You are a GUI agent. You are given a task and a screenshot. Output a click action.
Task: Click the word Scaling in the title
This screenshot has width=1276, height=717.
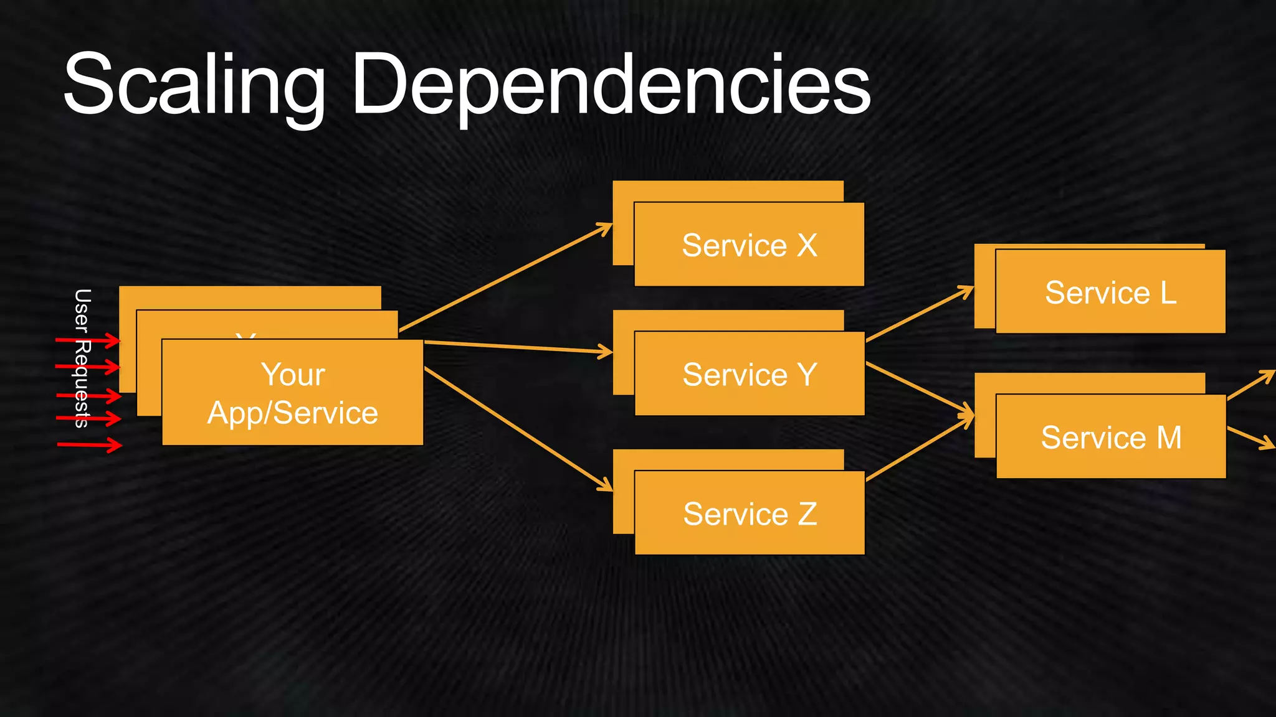(193, 84)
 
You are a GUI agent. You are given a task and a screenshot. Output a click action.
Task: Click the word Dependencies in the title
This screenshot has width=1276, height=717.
(611, 84)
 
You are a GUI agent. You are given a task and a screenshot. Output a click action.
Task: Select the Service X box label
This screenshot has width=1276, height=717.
(749, 245)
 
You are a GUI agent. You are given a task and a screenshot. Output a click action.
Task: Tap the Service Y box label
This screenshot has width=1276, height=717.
(749, 375)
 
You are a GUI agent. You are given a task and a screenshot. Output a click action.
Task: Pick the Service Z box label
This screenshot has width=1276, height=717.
(750, 514)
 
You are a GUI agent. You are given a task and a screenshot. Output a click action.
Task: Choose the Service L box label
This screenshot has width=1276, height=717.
(1110, 293)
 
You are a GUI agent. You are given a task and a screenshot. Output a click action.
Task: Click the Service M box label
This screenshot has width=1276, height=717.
(1110, 438)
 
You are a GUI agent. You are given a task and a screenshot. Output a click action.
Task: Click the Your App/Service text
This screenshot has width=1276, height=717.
(293, 393)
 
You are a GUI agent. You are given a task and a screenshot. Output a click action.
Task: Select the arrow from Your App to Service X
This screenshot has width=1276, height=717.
(505, 278)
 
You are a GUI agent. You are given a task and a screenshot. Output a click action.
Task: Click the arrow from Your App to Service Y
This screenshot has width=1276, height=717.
(517, 347)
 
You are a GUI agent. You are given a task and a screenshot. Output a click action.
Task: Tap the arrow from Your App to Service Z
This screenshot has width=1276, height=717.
(517, 428)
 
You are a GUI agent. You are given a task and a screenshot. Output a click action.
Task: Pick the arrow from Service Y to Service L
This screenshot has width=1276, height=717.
(919, 314)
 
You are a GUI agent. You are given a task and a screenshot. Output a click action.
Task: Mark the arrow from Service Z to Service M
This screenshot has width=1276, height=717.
(919, 449)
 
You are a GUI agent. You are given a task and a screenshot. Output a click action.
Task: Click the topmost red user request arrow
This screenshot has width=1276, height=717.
(87, 340)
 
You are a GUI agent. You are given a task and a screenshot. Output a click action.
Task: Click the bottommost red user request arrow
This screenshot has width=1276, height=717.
(89, 444)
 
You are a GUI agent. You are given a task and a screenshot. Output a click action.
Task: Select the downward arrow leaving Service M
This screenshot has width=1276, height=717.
(1250, 437)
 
